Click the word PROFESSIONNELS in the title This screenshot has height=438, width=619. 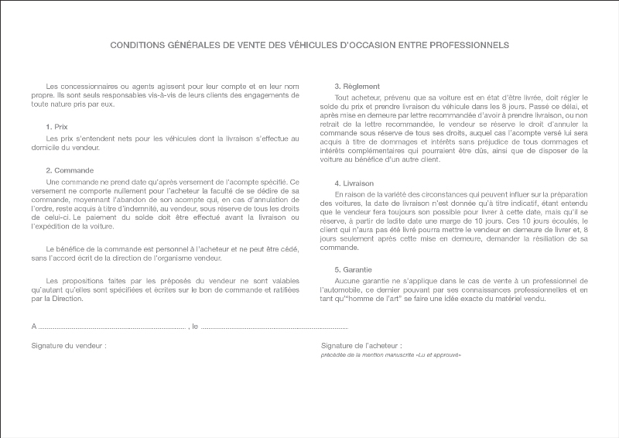[x=467, y=45]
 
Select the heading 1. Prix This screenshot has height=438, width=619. [x=56, y=126]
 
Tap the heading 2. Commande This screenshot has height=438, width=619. [x=70, y=170]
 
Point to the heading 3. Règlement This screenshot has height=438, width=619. [x=357, y=86]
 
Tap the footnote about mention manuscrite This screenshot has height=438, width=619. [x=391, y=354]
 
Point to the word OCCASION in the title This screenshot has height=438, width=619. [x=354, y=45]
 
